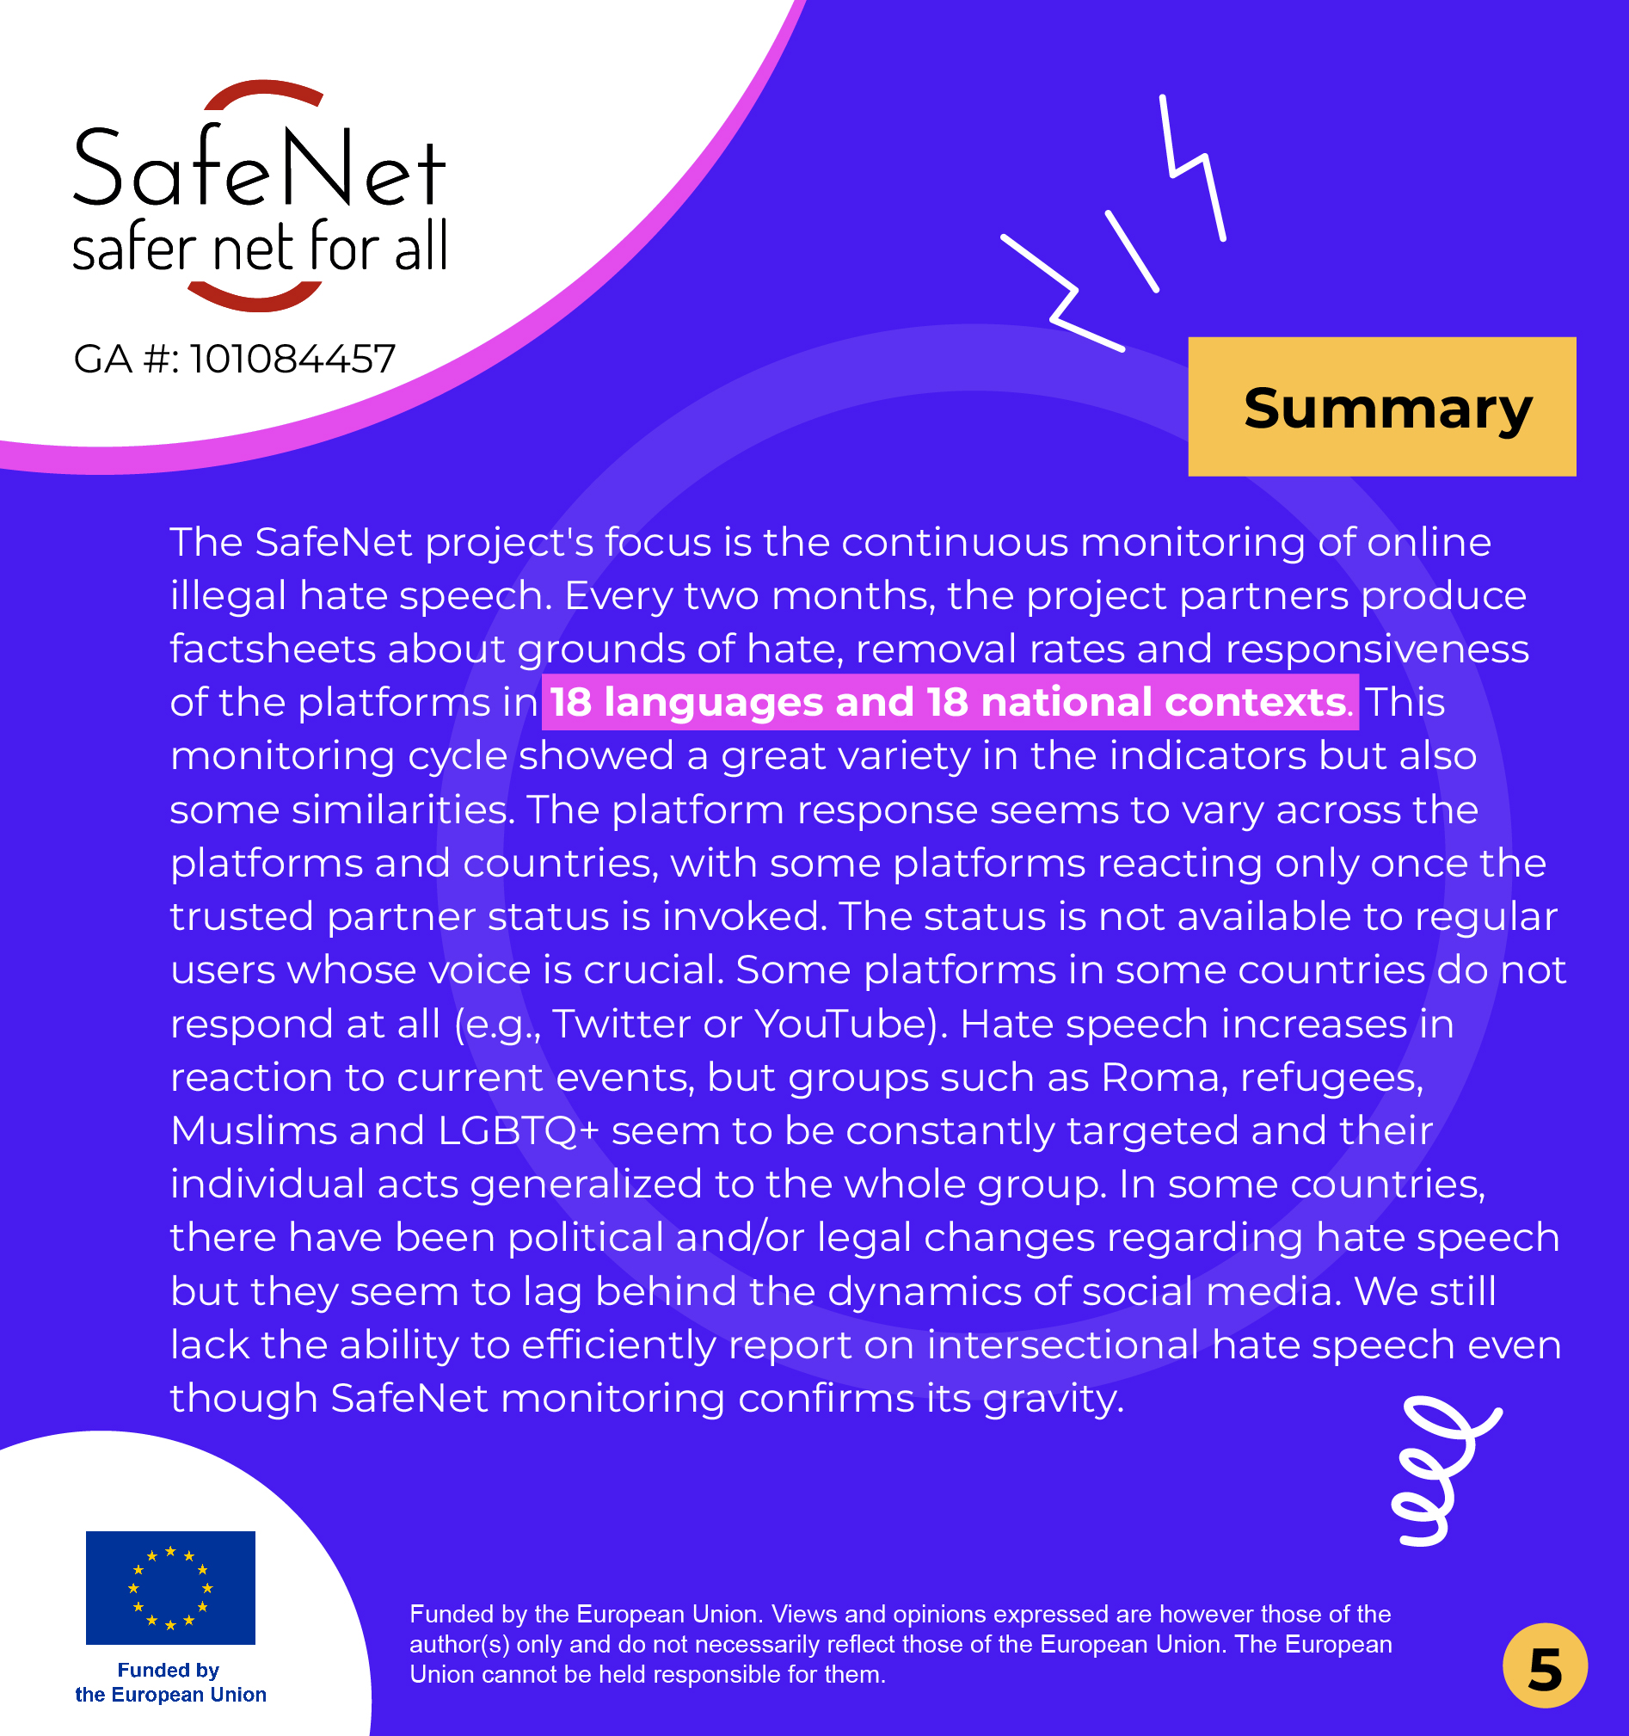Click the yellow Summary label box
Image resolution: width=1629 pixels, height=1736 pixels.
coord(1381,407)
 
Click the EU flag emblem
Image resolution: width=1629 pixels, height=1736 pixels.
coord(170,1586)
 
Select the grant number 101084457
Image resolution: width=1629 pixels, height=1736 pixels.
coord(292,359)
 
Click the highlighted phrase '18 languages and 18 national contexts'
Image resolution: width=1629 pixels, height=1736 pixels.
coord(949,702)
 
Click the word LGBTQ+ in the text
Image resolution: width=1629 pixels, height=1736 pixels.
coord(518,1131)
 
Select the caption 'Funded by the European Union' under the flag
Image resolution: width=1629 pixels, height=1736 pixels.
coord(170,1682)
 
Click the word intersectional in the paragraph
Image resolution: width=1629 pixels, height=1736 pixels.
coord(1062,1345)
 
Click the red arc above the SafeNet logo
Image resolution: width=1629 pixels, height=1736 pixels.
coord(262,94)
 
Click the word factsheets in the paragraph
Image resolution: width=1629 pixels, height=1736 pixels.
coord(271,649)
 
